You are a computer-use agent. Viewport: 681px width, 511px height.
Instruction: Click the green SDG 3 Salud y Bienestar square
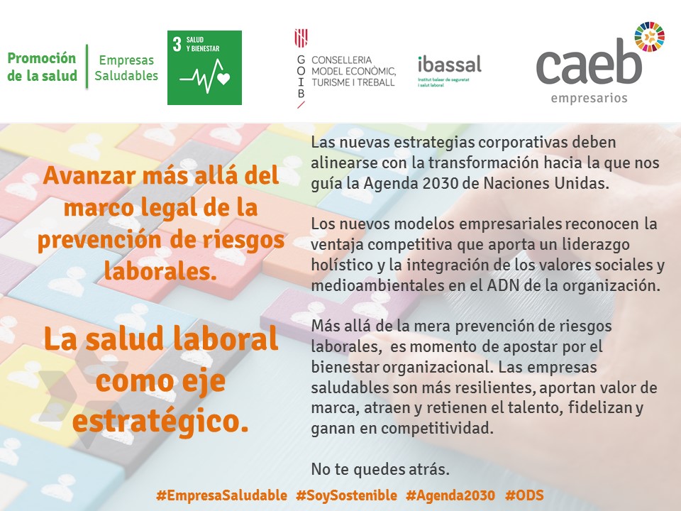(204, 67)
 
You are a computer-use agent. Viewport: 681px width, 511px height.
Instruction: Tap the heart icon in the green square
(223, 79)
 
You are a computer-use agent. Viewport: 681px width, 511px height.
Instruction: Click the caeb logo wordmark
(589, 62)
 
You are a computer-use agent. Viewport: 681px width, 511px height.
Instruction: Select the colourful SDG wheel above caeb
(649, 37)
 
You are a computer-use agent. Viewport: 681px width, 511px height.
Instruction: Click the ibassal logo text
(450, 65)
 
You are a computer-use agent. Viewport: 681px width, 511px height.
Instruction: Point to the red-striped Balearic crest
(301, 38)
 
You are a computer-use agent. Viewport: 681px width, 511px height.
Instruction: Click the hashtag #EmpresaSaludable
(221, 495)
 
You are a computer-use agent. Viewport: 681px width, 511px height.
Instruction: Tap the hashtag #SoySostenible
(347, 495)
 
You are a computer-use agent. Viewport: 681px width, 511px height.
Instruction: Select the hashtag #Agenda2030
(450, 495)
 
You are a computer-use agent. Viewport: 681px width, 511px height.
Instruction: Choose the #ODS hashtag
(525, 495)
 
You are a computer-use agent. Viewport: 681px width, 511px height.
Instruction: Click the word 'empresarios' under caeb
(589, 98)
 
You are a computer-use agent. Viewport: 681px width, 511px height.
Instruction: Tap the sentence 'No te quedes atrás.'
(380, 469)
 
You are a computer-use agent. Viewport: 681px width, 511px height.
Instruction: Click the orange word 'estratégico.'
(161, 421)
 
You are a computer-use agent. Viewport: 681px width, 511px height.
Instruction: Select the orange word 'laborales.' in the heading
(160, 271)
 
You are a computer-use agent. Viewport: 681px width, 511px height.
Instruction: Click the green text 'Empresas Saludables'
(126, 68)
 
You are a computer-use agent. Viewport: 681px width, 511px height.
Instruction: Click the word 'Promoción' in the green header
(42, 58)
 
